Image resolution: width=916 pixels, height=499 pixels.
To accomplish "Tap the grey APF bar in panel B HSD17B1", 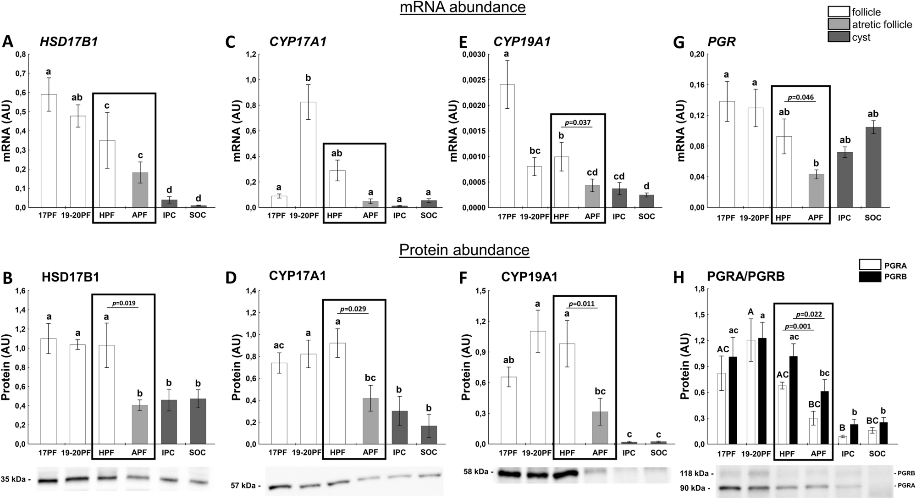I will pos(139,424).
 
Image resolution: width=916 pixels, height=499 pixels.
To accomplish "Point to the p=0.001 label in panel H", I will pos(798,326).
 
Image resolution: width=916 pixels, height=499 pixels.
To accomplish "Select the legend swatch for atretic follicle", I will pos(839,24).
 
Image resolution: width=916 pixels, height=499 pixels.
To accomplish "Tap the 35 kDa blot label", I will pos(15,479).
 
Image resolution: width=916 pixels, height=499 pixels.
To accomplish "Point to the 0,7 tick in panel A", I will pos(20,73).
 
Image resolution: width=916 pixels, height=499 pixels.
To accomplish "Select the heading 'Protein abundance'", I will pos(464,250).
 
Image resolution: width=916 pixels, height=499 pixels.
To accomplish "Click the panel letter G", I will pos(677,42).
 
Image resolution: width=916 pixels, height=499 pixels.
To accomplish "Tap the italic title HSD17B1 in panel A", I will pos(68,42).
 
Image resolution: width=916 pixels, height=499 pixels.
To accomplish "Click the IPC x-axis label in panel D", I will pos(399,452).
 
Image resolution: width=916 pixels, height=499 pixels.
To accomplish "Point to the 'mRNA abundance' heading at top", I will pos(462,7).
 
